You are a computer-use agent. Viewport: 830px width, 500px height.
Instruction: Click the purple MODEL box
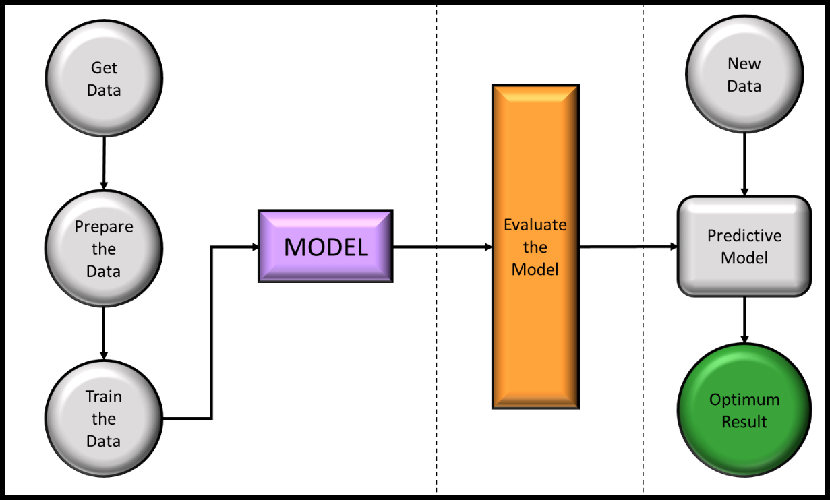[x=326, y=247]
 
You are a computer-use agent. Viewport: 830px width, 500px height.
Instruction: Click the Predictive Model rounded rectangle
[x=744, y=247]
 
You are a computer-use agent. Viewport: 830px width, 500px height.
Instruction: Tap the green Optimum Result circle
[x=744, y=410]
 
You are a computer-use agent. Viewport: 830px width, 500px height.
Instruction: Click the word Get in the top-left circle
[x=104, y=68]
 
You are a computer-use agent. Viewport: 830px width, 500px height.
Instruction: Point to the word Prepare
[x=104, y=226]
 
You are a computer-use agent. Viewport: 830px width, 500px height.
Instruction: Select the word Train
[x=104, y=396]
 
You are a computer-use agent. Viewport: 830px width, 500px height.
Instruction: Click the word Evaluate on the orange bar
[x=535, y=224]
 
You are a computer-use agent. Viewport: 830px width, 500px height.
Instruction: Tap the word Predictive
[x=744, y=236]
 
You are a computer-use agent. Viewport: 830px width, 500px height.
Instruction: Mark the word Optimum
[x=744, y=400]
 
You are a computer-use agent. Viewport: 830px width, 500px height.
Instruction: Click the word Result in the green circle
[x=744, y=422]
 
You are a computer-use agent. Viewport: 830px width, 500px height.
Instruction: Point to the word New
[x=744, y=64]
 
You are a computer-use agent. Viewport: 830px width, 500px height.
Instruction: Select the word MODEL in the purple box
[x=326, y=247]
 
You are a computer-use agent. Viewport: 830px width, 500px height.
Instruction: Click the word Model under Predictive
[x=744, y=258]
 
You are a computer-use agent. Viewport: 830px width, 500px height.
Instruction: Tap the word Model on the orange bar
[x=535, y=269]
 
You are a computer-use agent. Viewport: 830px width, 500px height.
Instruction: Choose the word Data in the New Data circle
[x=744, y=86]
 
